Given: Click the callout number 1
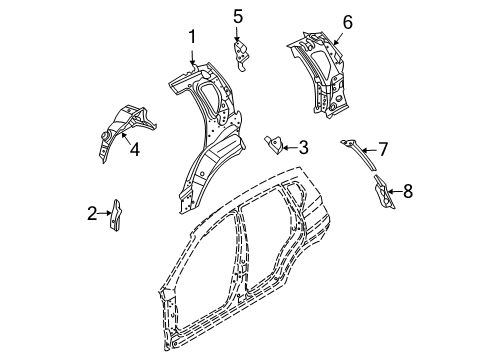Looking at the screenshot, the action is point(191,38).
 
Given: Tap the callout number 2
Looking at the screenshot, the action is point(92,212).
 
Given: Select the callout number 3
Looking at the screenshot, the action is point(303,148).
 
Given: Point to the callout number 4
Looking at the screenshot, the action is point(134,151).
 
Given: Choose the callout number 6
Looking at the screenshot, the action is point(347,22).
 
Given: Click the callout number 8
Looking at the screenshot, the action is point(407,191).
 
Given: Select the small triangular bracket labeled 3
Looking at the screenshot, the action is point(272,143).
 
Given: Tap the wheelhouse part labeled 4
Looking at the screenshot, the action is point(118,125).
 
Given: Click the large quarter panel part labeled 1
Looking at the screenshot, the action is point(205,140).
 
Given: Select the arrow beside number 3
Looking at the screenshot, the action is point(288,148).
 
